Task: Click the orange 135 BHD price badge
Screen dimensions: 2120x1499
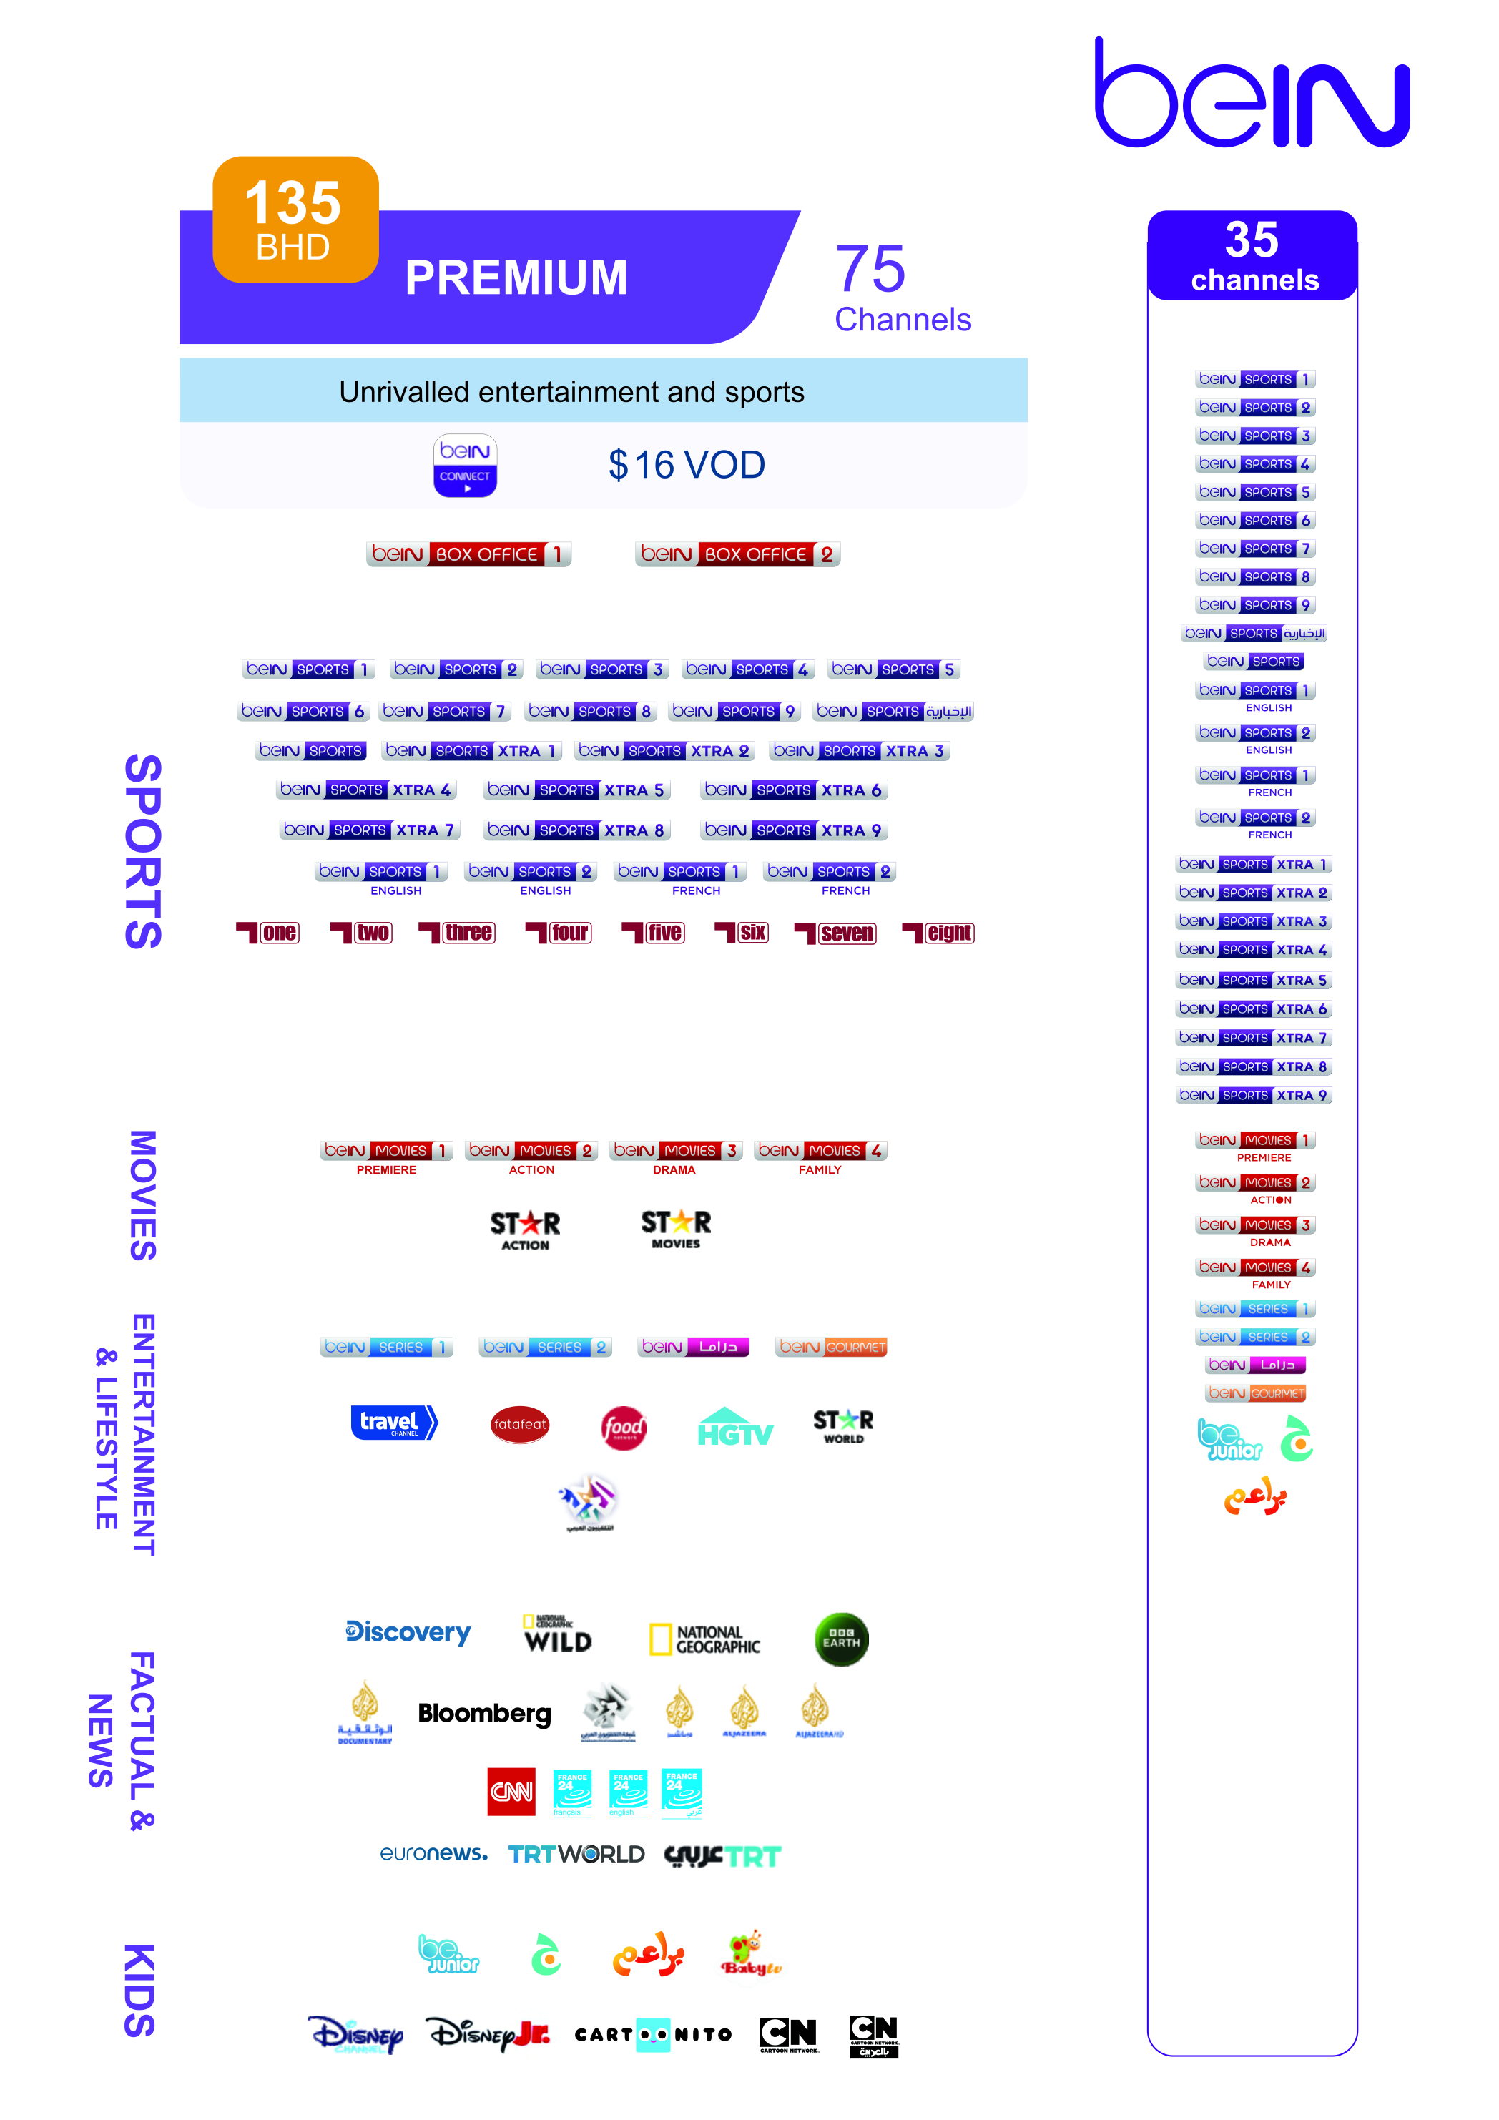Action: (x=295, y=220)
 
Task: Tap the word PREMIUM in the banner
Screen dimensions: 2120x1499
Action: (x=516, y=278)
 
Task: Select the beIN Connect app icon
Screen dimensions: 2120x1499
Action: (x=465, y=466)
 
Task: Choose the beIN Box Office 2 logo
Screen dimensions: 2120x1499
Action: (x=737, y=554)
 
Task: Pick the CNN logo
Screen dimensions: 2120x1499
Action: (x=511, y=1791)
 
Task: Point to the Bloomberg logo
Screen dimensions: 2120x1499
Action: (x=485, y=1714)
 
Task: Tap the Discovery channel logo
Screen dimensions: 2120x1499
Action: (x=408, y=1632)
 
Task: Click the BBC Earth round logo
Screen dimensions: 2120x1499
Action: (x=841, y=1640)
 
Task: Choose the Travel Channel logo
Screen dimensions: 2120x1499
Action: (x=394, y=1422)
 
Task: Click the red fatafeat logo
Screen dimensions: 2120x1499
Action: (x=520, y=1424)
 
